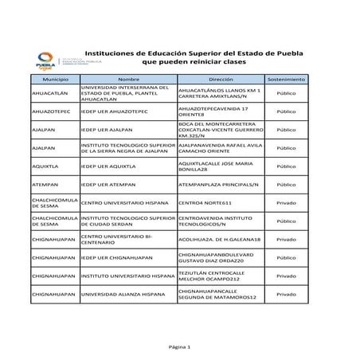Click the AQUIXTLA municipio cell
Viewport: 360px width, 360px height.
[x=47, y=166]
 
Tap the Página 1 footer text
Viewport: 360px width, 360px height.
[x=180, y=348]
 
